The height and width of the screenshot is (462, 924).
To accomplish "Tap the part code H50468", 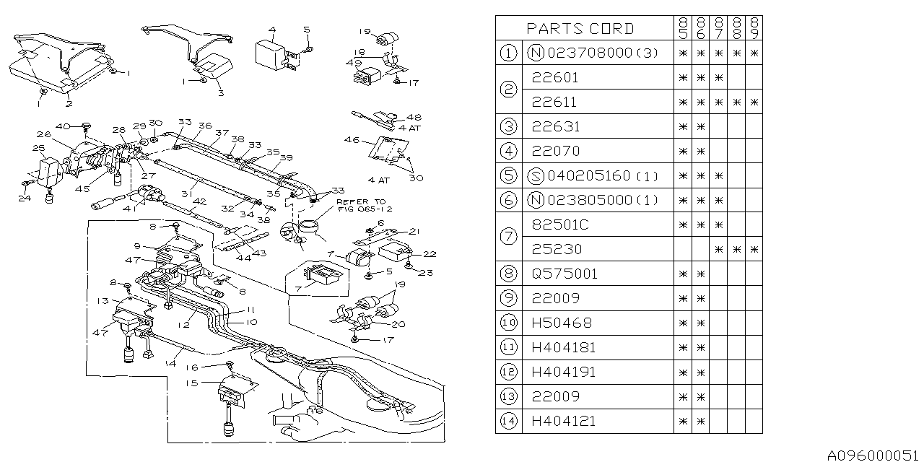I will click(563, 323).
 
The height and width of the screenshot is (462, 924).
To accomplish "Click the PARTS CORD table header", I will click(580, 29).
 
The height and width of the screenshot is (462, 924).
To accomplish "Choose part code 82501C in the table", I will click(559, 225).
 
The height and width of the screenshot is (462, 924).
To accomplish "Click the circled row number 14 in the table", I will click(508, 421).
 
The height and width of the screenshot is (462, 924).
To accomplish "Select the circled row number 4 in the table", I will click(508, 151).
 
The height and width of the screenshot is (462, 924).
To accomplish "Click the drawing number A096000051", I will click(873, 454).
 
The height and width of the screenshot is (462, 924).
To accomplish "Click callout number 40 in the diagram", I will click(67, 127).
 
